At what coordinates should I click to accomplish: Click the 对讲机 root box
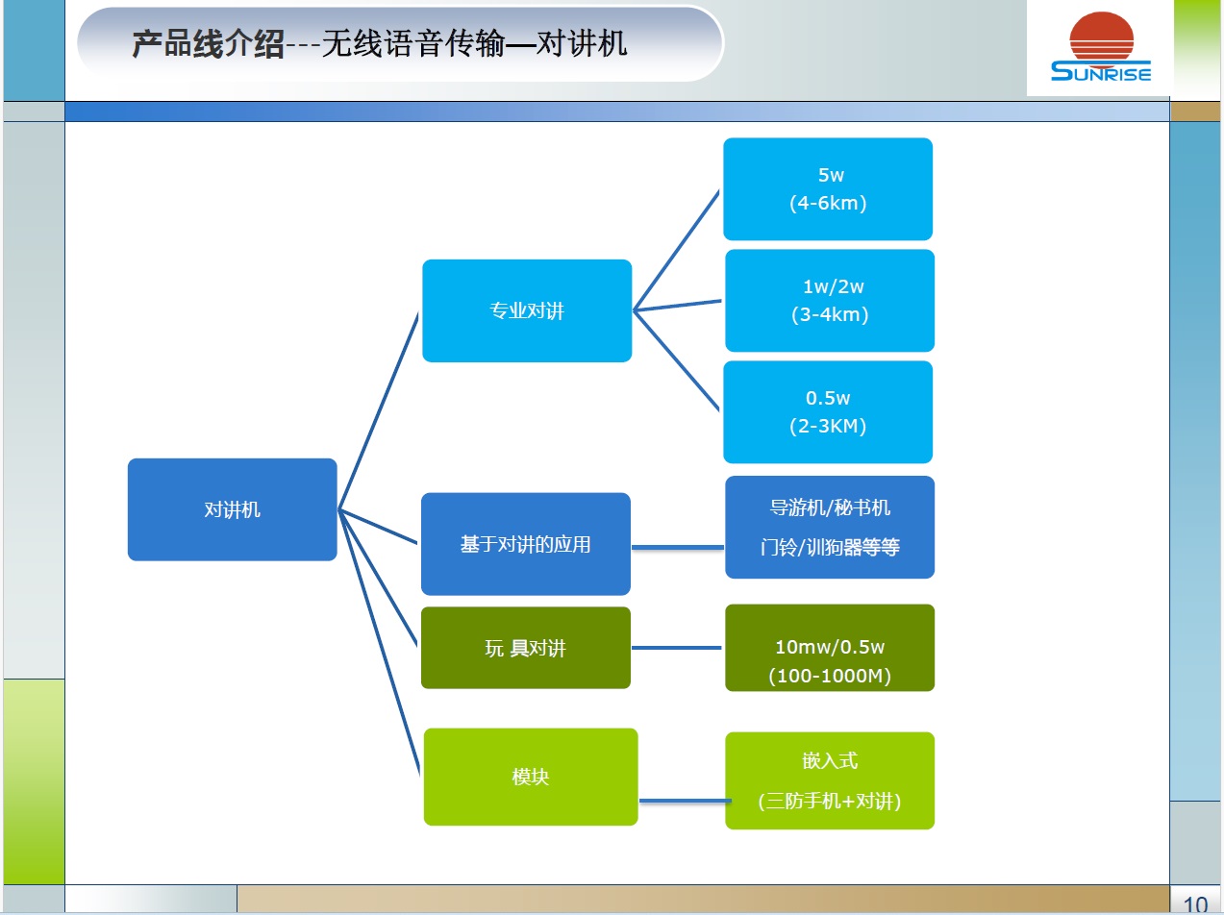point(232,509)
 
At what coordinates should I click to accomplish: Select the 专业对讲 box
point(527,310)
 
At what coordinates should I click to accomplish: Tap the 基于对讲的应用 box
point(525,544)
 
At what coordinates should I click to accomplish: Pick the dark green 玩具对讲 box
point(525,648)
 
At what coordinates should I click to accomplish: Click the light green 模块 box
point(530,777)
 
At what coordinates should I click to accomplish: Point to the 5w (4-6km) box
point(828,189)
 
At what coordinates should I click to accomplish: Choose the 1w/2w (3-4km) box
point(829,300)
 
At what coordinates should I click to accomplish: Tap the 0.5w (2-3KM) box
point(828,411)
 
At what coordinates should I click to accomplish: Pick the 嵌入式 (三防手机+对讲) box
point(829,780)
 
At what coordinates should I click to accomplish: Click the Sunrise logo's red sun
point(1102,37)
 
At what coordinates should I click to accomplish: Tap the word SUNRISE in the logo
point(1101,72)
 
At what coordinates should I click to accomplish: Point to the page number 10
point(1195,904)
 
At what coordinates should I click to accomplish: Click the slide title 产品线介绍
point(208,44)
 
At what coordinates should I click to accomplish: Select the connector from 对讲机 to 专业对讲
point(379,409)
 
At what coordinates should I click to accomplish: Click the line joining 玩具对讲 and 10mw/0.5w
point(677,648)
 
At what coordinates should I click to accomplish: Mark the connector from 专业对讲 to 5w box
point(676,250)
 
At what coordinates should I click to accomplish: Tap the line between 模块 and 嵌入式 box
point(683,800)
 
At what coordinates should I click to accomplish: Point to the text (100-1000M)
point(829,676)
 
